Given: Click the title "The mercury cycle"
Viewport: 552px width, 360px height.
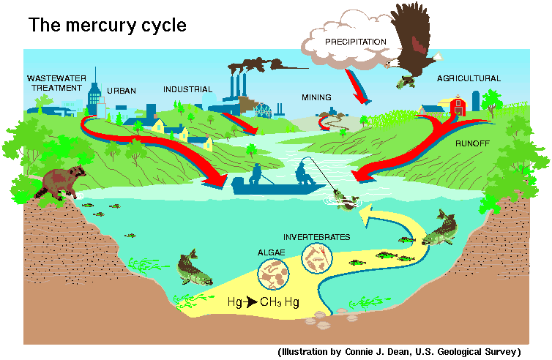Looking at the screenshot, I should (x=107, y=26).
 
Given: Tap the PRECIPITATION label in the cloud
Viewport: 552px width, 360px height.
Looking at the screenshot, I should (x=355, y=42).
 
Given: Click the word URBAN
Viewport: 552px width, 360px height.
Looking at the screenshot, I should (x=122, y=91).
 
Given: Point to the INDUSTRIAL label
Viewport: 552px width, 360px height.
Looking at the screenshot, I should (x=187, y=89).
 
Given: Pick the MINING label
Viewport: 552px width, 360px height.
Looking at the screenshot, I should (x=316, y=97).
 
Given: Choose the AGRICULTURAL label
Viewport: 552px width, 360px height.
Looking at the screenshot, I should (x=469, y=78).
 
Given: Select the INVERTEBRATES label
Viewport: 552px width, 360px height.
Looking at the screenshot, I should (x=316, y=237).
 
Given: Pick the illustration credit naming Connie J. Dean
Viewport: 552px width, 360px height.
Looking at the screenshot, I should (x=399, y=351).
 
